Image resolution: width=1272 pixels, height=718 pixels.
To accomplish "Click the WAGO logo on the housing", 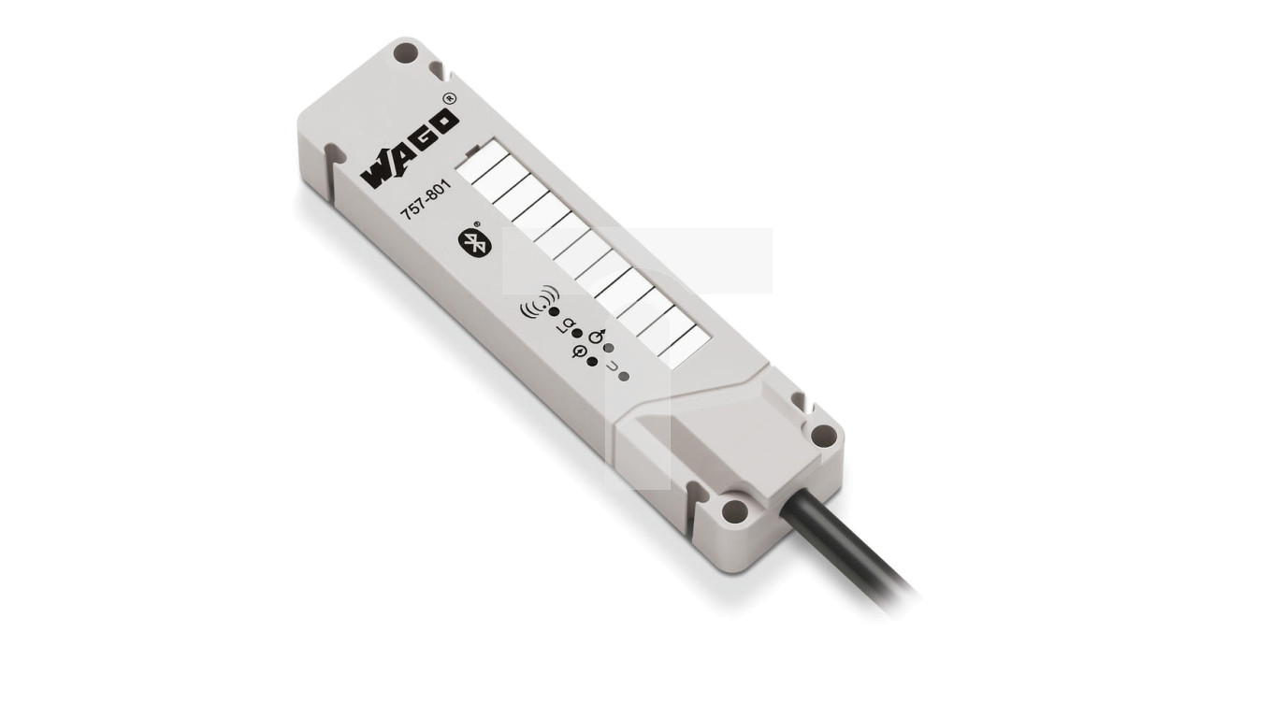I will (x=410, y=150).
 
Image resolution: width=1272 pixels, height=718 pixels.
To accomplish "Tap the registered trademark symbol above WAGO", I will (x=449, y=98).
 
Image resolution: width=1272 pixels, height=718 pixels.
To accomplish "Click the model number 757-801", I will (x=426, y=200).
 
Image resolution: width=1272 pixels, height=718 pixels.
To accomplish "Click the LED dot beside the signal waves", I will (x=554, y=311).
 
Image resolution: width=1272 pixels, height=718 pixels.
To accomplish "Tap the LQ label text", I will (x=565, y=324).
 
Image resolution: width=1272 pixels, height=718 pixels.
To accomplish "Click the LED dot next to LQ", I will (x=577, y=334).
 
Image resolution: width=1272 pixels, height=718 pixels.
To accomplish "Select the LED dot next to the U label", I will (x=624, y=377).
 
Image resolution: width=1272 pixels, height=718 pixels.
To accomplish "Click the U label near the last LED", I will (x=612, y=367).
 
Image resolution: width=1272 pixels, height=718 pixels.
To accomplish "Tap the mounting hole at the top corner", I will (x=404, y=53).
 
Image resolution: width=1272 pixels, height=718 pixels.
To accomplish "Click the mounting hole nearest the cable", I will (x=735, y=510).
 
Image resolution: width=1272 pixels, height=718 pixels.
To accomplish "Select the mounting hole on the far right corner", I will (x=822, y=435).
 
